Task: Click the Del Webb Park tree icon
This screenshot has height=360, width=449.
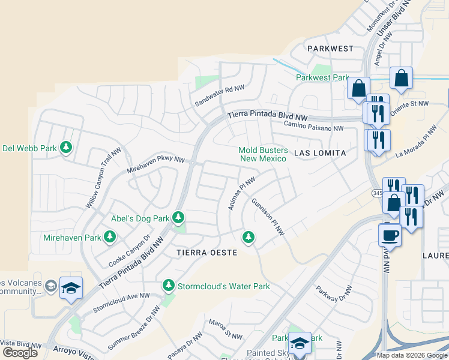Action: (66, 148)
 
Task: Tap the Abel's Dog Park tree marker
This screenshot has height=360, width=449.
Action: (178, 217)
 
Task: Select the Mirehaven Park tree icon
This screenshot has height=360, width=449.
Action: (110, 238)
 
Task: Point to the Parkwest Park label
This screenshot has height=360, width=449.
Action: (322, 77)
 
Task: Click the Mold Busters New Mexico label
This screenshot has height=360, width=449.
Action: (264, 155)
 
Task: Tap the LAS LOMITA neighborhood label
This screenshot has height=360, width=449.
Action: (320, 153)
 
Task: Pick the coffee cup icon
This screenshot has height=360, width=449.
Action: (390, 234)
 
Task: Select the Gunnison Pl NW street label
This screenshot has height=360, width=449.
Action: (268, 217)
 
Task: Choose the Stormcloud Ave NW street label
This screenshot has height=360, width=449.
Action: (121, 304)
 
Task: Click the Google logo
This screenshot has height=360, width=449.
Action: (20, 353)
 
